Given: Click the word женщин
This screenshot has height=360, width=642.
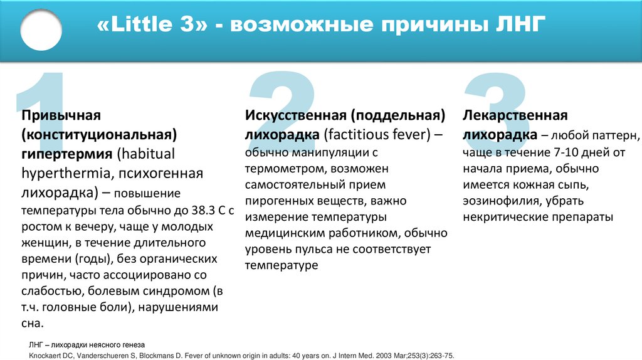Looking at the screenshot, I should (45, 241).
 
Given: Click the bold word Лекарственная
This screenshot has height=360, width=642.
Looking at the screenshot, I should (515, 116).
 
